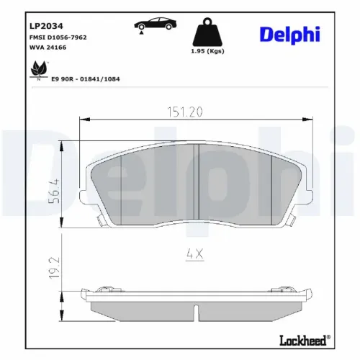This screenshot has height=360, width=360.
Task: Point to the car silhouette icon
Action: (x=153, y=26)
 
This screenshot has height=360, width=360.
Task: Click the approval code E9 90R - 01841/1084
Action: (x=86, y=79)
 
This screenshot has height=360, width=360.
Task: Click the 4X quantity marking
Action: (x=195, y=254)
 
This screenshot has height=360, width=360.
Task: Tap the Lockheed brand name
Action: (x=302, y=338)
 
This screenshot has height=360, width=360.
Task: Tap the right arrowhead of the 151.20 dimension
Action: (x=314, y=120)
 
